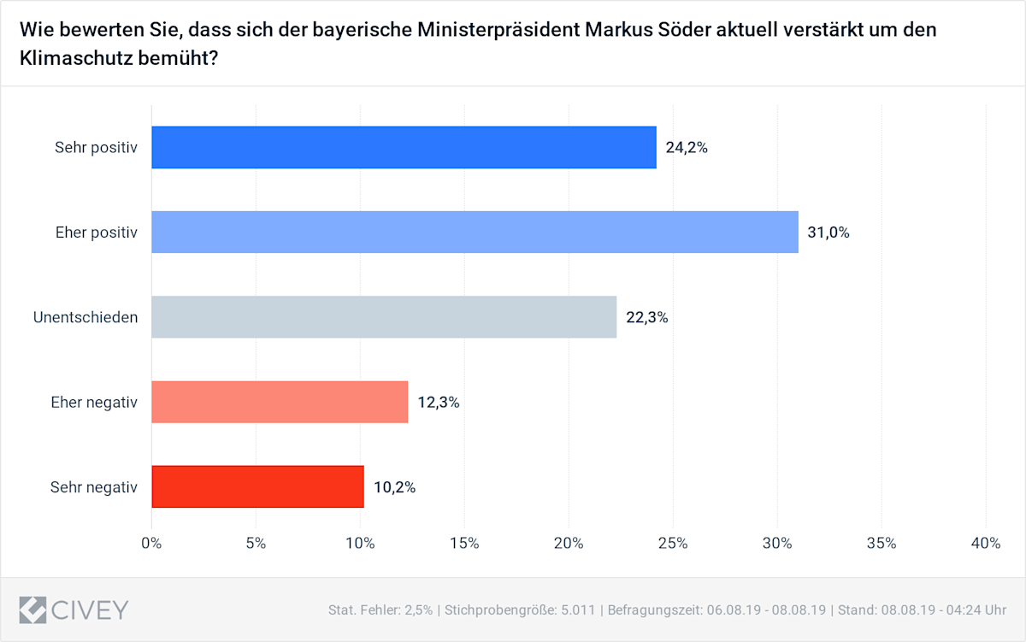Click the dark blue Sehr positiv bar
tap(404, 147)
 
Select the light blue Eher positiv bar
tap(475, 232)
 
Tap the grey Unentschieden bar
tap(384, 317)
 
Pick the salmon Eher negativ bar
tap(280, 402)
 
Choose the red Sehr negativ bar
tap(257, 486)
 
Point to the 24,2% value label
tap(687, 147)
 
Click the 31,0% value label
tap(828, 232)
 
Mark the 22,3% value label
tap(646, 317)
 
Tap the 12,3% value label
tap(439, 402)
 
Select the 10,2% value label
tap(394, 487)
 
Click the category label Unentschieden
tap(85, 317)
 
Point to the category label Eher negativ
tap(95, 402)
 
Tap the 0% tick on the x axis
tap(151, 543)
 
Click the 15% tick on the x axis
tap(464, 543)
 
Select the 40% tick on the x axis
tap(986, 543)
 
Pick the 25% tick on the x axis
tap(673, 543)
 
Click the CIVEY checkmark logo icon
tap(32, 610)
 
